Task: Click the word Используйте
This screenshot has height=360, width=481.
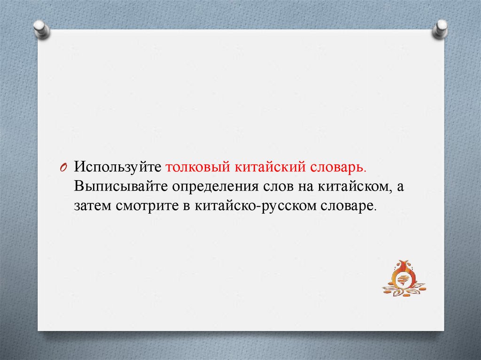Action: pyautogui.click(x=117, y=167)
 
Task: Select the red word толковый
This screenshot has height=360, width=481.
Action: pyautogui.click(x=198, y=167)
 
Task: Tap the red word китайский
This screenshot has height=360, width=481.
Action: pyautogui.click(x=270, y=167)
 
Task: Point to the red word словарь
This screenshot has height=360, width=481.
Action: pyautogui.click(x=338, y=167)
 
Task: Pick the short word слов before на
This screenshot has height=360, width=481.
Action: pyautogui.click(x=279, y=187)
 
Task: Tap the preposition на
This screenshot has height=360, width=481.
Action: pyautogui.click(x=306, y=187)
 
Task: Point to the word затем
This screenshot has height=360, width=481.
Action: pyautogui.click(x=93, y=206)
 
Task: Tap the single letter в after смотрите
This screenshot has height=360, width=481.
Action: pyautogui.click(x=187, y=206)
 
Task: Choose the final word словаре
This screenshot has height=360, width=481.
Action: pyautogui.click(x=348, y=206)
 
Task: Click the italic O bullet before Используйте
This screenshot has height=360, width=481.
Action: pyautogui.click(x=63, y=168)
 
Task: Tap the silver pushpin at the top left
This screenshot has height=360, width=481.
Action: pyautogui.click(x=42, y=30)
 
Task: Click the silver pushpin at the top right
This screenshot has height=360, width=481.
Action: pyautogui.click(x=440, y=30)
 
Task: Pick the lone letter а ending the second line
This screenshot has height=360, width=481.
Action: pyautogui.click(x=400, y=187)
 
